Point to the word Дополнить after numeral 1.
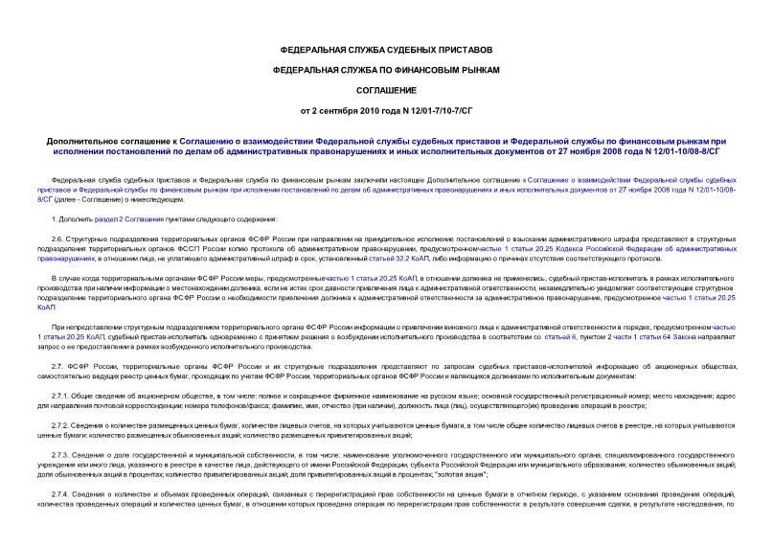point(79,220)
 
